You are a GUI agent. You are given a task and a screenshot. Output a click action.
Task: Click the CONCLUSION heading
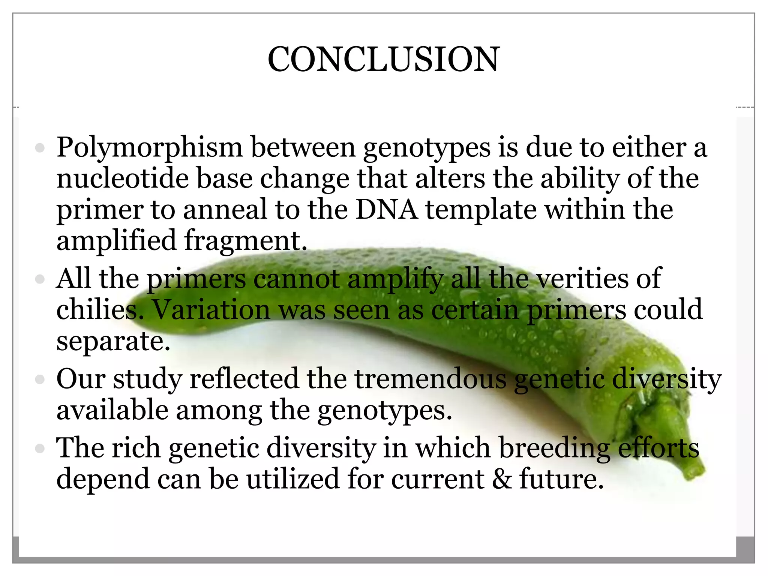(x=383, y=59)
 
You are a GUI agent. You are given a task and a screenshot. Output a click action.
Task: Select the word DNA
(x=386, y=209)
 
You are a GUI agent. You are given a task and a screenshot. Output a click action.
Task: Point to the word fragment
(x=246, y=240)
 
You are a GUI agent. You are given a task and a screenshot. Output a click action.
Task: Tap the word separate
(x=113, y=341)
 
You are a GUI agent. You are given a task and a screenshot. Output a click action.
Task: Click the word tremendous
(x=430, y=379)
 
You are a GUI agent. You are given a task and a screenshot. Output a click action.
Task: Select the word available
(x=112, y=410)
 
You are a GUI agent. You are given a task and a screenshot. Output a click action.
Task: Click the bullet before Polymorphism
(x=40, y=148)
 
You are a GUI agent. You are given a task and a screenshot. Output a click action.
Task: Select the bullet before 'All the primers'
(x=40, y=279)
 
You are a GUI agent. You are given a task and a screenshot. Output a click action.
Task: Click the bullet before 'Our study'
(x=40, y=379)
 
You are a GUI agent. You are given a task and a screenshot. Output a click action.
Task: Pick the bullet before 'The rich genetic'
(x=40, y=448)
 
